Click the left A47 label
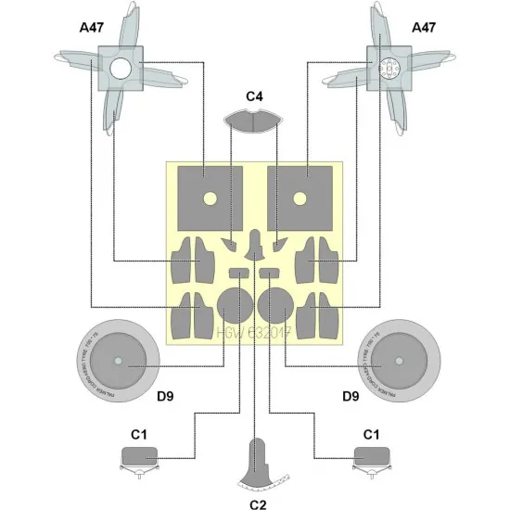(93, 29)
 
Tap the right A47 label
(422, 29)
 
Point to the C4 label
(256, 96)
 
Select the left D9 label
(166, 396)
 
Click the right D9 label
(351, 396)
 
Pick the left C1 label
(139, 433)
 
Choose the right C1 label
(372, 433)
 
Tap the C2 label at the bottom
(257, 504)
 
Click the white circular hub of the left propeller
(120, 69)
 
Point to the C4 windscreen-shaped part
(256, 120)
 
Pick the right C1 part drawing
(372, 456)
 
